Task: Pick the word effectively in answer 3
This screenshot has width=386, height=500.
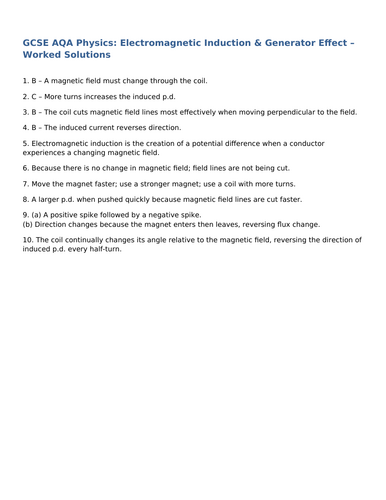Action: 182,112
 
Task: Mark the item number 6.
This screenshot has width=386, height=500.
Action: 24,169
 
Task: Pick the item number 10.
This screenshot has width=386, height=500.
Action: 26,241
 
